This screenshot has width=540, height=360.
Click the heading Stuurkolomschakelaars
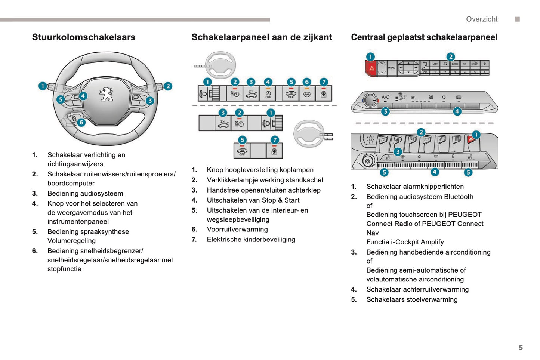pyautogui.click(x=84, y=37)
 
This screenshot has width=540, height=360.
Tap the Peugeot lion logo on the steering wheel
pyautogui.click(x=106, y=95)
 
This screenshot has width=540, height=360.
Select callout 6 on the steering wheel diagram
pyautogui.click(x=81, y=122)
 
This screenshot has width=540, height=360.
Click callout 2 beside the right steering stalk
pyautogui.click(x=168, y=86)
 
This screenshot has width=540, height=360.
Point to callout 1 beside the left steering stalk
pyautogui.click(x=43, y=86)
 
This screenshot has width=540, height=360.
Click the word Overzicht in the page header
pyautogui.click(x=481, y=19)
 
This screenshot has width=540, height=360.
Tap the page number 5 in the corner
pyautogui.click(x=521, y=347)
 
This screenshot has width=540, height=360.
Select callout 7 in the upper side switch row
pyautogui.click(x=324, y=82)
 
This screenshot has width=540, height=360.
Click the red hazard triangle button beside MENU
pyautogui.click(x=371, y=68)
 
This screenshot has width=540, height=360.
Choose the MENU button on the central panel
pyautogui.click(x=391, y=68)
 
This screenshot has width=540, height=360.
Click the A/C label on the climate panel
pyautogui.click(x=385, y=97)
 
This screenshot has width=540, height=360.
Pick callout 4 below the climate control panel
pyautogui.click(x=457, y=111)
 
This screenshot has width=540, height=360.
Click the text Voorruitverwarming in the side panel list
pyautogui.click(x=237, y=230)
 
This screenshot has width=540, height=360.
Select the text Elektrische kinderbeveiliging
pyautogui.click(x=251, y=240)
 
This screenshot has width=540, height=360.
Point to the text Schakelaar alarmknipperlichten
pyautogui.click(x=415, y=187)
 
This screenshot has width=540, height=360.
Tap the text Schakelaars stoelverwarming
pyautogui.click(x=412, y=299)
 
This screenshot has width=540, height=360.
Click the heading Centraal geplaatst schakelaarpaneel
pyautogui.click(x=424, y=37)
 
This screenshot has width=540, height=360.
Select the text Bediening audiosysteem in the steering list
pyautogui.click(x=85, y=194)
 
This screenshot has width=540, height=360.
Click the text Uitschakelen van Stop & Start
pyautogui.click(x=253, y=200)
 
